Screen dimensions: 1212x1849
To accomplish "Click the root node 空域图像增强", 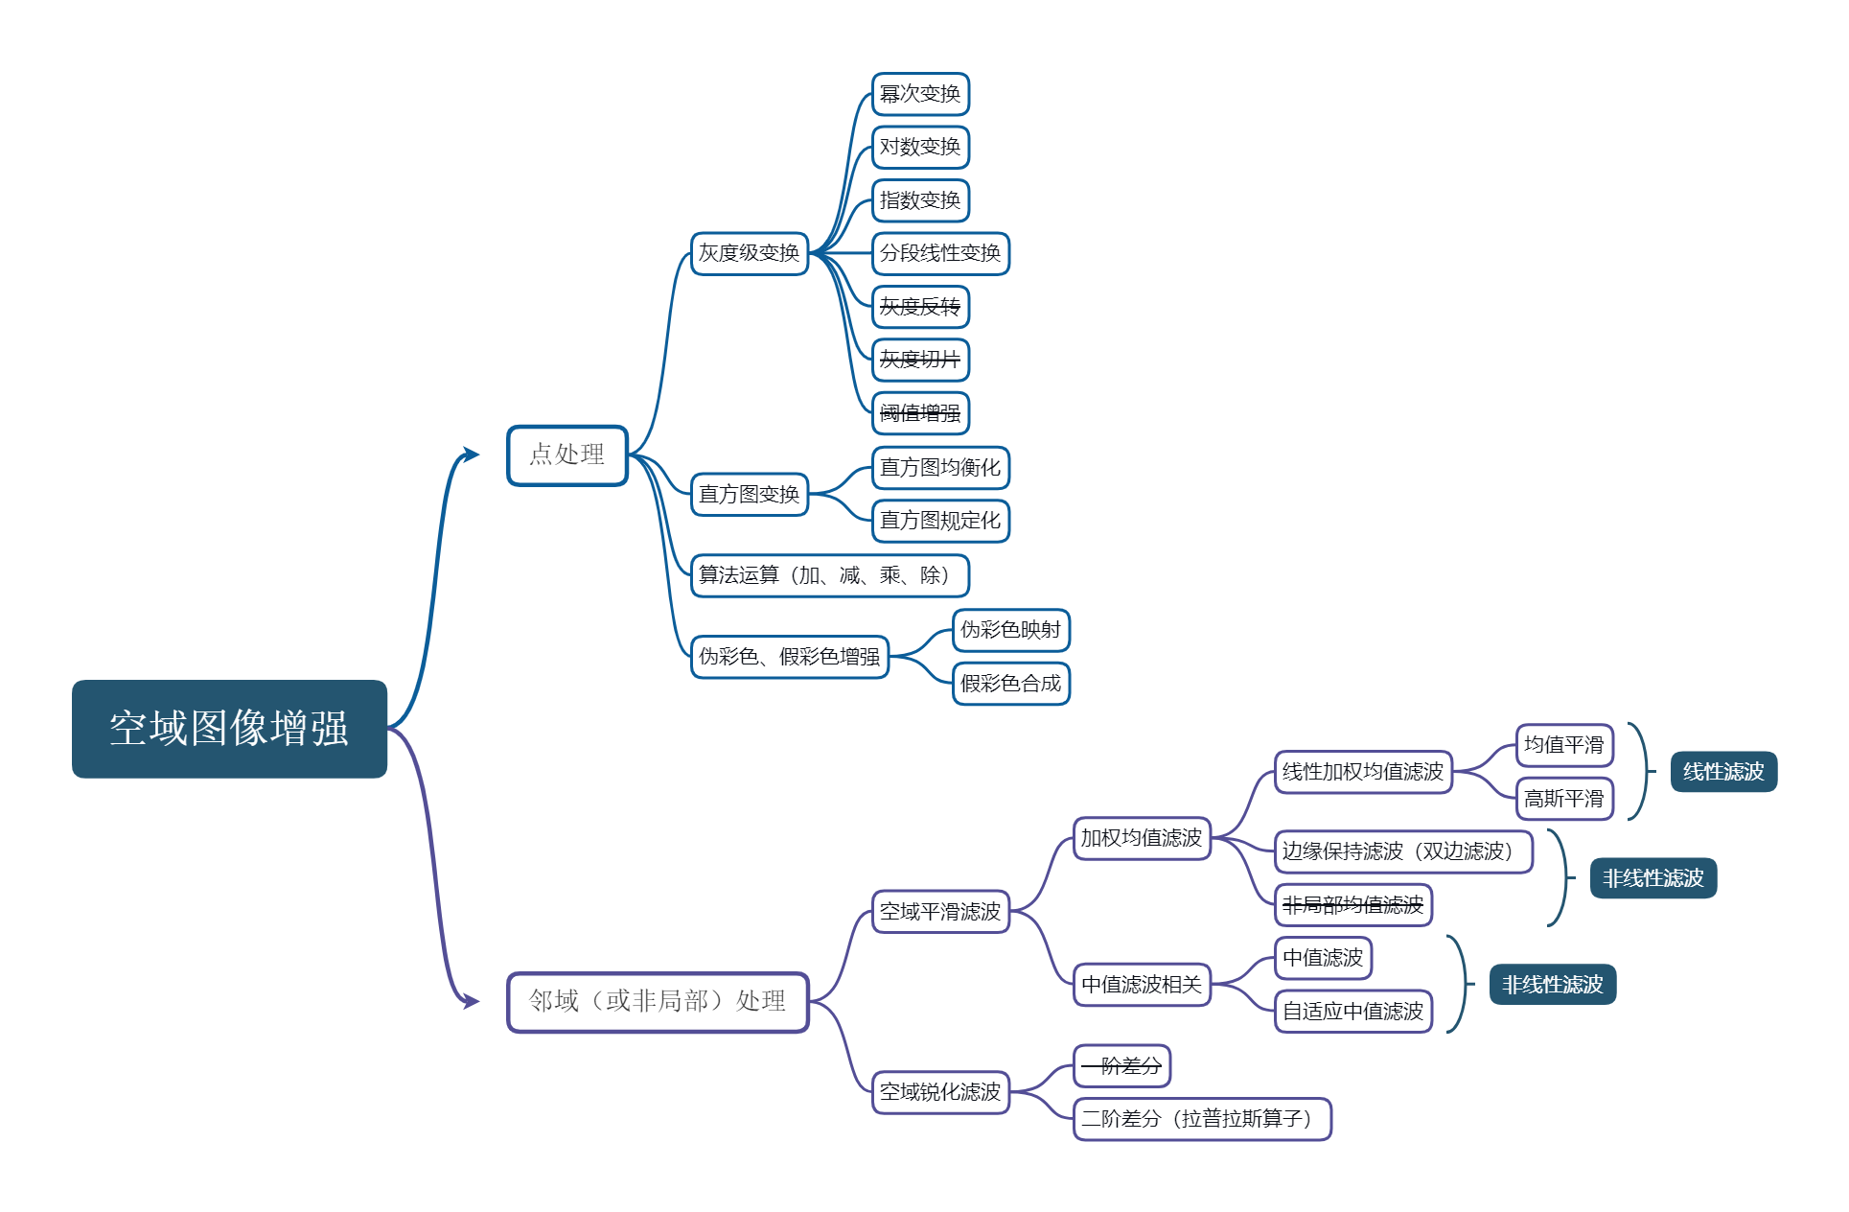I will (x=229, y=729).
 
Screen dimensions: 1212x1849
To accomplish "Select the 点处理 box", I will (x=566, y=454).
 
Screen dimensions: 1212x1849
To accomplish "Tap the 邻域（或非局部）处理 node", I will (x=658, y=1002).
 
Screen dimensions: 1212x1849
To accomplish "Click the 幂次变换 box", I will (x=920, y=94).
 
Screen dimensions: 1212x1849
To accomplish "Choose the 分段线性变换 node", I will (x=940, y=253).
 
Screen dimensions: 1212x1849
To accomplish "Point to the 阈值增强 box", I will (x=920, y=413).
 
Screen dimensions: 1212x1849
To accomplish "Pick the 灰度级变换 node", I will (x=749, y=253).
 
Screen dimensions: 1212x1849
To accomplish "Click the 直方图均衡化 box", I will (x=940, y=468).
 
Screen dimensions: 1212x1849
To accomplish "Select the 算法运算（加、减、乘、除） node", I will (x=829, y=575).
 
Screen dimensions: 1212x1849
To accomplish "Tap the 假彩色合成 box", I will (x=1011, y=684).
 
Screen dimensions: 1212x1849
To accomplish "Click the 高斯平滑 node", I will (x=1564, y=799).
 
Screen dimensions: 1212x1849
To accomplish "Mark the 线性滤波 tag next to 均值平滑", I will (x=1723, y=772).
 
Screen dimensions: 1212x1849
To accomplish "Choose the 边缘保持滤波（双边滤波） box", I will (x=1403, y=851).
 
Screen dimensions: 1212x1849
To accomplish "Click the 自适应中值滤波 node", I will (x=1353, y=1012).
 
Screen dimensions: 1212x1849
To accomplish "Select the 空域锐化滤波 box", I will (x=940, y=1092).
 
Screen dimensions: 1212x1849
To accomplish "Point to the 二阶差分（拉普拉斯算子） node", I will (x=1202, y=1119).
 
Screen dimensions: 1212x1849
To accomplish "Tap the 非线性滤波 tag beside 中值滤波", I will (x=1552, y=985).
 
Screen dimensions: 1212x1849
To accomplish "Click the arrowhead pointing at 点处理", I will (x=471, y=454).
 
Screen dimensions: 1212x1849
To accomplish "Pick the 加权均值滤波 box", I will (x=1142, y=838).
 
